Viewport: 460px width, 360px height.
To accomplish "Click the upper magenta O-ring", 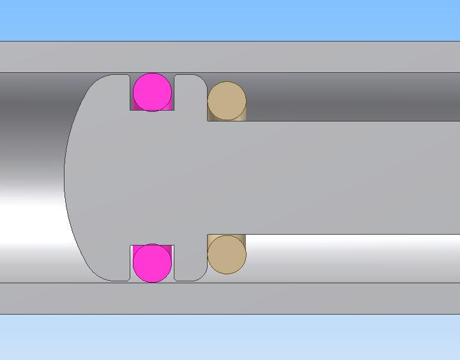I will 152,92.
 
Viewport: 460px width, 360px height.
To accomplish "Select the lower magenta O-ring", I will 152,262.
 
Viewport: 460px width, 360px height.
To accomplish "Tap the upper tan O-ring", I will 227,100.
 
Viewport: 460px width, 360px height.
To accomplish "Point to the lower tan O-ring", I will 227,254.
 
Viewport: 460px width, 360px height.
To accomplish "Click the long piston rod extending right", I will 351,177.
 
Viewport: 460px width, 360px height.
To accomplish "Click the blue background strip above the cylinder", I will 230,19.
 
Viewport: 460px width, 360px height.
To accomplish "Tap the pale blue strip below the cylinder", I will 230,337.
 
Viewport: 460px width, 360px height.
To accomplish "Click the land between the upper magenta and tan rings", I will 190,93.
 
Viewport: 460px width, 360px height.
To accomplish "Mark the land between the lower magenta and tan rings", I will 190,262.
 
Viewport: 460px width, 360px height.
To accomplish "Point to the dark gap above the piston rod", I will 351,96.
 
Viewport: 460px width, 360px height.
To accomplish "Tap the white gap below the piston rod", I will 351,258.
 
